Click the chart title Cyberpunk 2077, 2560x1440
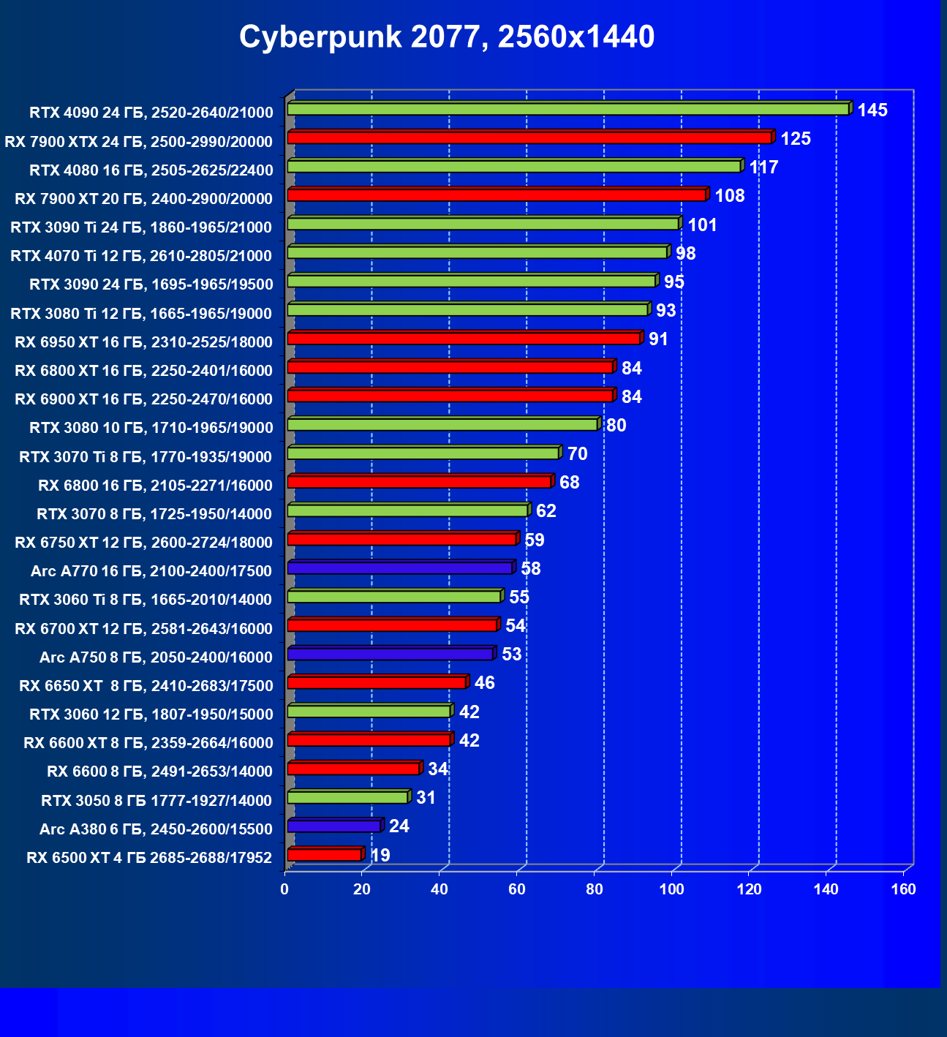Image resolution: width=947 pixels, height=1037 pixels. pos(447,37)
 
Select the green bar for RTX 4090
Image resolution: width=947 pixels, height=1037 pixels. pos(568,109)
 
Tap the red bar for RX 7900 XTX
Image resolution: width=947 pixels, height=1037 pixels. pos(529,137)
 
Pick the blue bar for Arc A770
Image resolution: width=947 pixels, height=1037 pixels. pos(400,567)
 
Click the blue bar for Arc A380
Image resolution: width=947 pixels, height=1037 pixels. pos(334,826)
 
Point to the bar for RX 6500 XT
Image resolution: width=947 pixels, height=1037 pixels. pos(325,854)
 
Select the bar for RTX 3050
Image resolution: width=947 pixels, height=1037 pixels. pos(348,797)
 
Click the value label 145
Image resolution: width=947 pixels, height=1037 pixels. pos(872,110)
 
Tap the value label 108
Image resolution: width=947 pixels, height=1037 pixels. pos(730,196)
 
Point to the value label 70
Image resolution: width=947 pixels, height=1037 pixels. pos(577,454)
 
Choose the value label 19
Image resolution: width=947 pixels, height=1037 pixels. pos(380,856)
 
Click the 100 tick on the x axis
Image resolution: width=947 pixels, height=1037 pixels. pos(671,889)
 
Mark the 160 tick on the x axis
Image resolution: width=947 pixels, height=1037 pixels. pos(904,889)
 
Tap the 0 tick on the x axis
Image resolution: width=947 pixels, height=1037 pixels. pos(284,889)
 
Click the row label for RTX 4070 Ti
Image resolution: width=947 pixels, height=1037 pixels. pos(141,256)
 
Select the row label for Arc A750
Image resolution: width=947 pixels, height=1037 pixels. pos(156,657)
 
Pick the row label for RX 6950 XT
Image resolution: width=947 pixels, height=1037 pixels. pos(143,342)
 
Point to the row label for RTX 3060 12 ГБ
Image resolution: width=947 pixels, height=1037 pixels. pos(151,714)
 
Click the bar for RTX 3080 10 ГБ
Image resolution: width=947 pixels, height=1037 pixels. pos(442,424)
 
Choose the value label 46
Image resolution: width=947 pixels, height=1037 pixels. pos(484,683)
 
